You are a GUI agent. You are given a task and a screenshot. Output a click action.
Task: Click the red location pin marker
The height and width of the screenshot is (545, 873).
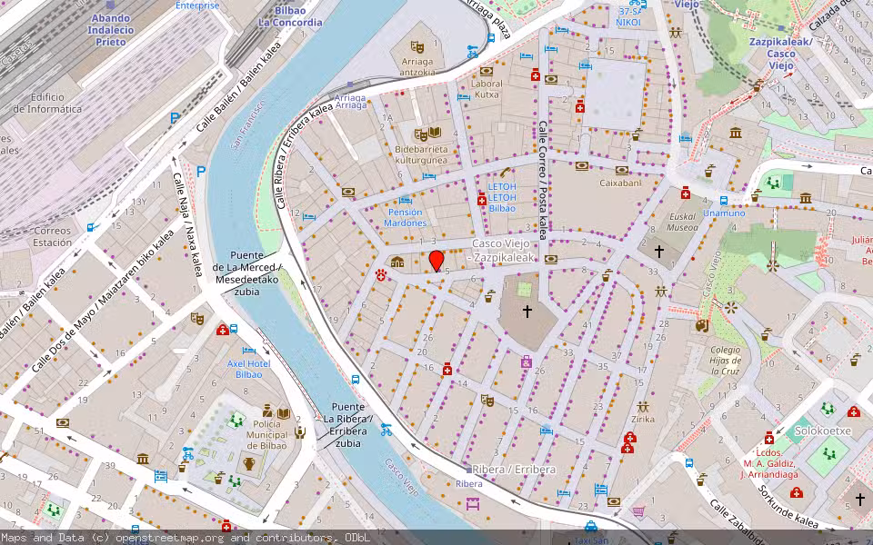[436, 261]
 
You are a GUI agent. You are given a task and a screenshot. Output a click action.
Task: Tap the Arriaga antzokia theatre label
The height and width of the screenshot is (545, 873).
[416, 67]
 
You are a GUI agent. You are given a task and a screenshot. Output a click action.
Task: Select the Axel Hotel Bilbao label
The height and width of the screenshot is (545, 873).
[248, 369]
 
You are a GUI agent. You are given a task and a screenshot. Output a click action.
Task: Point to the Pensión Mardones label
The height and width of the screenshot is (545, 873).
[405, 217]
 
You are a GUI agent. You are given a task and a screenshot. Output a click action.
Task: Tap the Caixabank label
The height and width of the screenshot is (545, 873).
[620, 183]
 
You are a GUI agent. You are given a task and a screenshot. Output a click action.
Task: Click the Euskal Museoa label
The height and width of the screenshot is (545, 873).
[682, 223]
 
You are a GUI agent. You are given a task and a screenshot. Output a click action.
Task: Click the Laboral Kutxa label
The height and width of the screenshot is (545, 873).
[487, 89]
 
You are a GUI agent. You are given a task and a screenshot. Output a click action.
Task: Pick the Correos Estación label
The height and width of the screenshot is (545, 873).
[52, 237]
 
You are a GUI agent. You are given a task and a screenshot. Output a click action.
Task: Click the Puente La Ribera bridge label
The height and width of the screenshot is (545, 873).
[347, 424]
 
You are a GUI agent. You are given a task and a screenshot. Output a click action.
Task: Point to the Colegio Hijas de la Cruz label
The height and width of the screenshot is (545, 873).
[726, 360]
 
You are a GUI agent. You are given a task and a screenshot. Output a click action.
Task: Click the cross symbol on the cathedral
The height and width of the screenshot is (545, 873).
[527, 312]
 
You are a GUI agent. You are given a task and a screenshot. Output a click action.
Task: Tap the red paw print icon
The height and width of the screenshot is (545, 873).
[380, 272]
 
